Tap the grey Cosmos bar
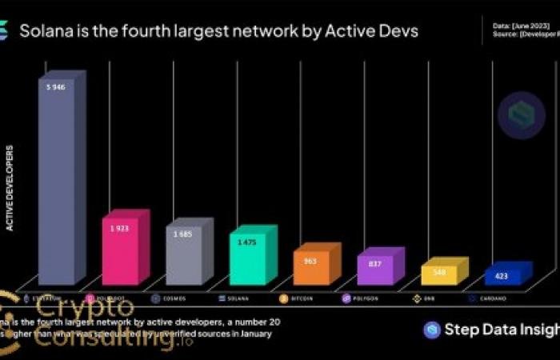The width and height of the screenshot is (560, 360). (x=184, y=256)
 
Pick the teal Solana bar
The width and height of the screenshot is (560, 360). (x=248, y=259)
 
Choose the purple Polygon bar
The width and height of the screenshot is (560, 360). (x=375, y=270)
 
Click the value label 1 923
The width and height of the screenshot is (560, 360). (x=121, y=228)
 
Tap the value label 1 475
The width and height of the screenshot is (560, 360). (x=248, y=242)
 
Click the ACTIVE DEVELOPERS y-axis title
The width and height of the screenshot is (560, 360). (x=10, y=188)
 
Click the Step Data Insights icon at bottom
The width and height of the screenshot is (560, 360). (x=432, y=330)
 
